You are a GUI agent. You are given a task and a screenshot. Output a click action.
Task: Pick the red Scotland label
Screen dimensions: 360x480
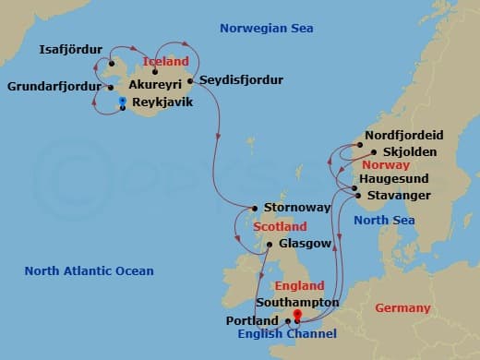coord(280,226)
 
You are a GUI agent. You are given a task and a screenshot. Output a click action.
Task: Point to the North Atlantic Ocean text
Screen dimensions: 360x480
coord(89,271)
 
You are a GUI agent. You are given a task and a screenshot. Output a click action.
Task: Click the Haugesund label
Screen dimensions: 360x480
coord(395,178)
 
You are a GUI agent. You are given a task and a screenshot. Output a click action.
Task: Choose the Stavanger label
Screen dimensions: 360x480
coord(398,196)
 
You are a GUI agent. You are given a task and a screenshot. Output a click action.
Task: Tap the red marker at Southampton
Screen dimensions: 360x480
coord(297,315)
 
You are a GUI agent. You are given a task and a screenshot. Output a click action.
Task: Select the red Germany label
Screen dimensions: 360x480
coord(402,307)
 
